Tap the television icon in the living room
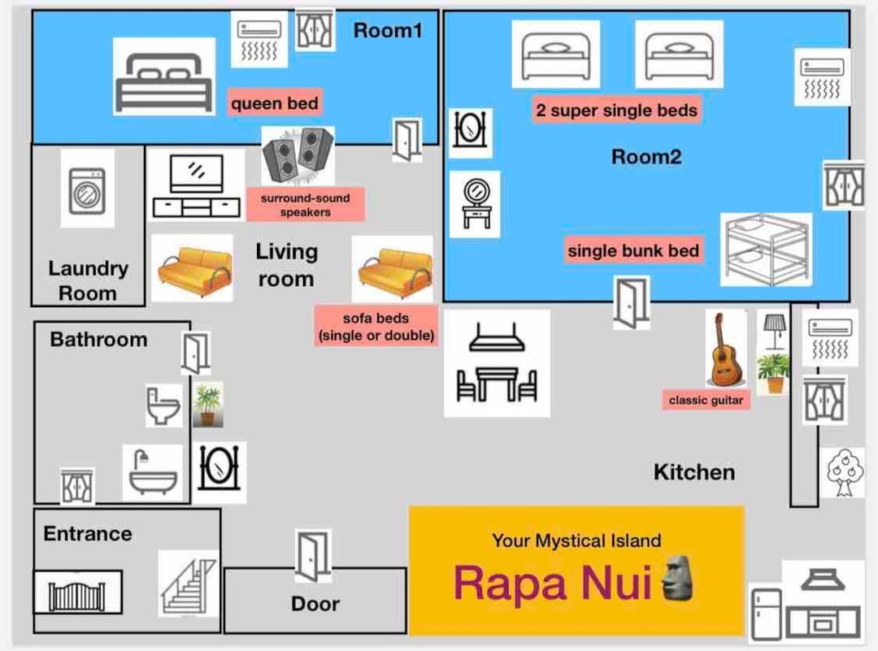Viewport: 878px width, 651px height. point(196,185)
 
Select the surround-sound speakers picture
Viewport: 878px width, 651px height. point(298,156)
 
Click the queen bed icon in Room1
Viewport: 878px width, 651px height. point(164,82)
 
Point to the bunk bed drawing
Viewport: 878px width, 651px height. point(766,249)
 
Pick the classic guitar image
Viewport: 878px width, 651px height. point(726,349)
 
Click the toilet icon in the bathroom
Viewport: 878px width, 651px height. point(163,406)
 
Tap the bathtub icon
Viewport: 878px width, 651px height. point(152,472)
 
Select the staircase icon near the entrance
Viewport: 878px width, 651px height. point(188,584)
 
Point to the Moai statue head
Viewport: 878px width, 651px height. point(678,578)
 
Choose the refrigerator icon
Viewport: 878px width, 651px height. point(766,614)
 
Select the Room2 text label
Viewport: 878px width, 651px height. point(646,157)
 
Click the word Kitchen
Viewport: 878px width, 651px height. point(694,472)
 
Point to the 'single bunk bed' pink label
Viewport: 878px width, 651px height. point(633,250)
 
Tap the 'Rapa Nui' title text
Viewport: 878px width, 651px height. point(553,583)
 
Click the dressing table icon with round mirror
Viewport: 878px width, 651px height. point(476,204)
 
